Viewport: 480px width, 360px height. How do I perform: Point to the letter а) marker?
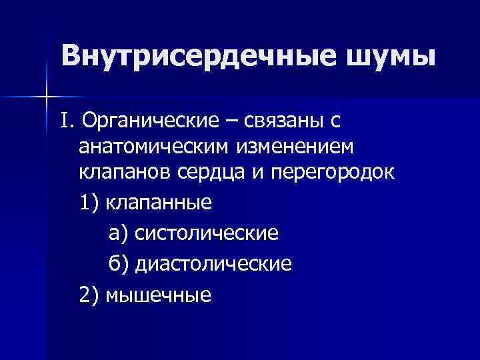[118, 233]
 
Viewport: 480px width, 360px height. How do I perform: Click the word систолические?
[206, 233]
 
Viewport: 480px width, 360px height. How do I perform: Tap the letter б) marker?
[119, 263]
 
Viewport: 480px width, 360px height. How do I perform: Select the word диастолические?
[213, 263]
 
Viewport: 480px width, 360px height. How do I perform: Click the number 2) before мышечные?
[88, 294]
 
